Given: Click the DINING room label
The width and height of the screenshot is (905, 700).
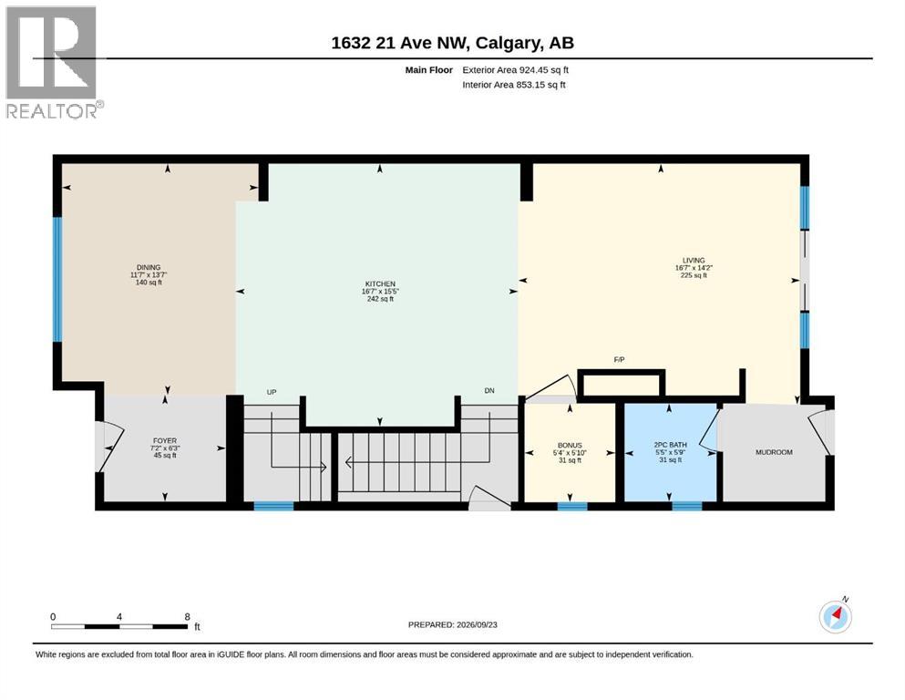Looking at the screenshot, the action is click(149, 267).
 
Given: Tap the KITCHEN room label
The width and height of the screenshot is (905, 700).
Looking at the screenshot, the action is click(380, 284).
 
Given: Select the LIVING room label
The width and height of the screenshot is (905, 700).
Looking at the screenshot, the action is click(694, 261).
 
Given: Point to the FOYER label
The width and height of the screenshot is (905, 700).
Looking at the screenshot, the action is click(165, 440).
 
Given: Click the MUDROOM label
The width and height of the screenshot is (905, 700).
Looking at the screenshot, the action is click(774, 452).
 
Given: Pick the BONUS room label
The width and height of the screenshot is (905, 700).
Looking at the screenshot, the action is click(570, 446).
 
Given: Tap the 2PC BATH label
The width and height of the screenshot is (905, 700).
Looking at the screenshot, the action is click(670, 445).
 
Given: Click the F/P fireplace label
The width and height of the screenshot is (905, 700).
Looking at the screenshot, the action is click(619, 359).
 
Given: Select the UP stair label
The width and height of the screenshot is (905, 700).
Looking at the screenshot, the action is click(272, 392).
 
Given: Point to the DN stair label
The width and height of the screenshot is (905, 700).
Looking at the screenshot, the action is click(489, 391).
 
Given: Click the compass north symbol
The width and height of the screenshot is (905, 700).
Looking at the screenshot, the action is click(835, 616).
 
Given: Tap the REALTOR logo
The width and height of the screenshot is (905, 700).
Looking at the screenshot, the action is click(52, 62).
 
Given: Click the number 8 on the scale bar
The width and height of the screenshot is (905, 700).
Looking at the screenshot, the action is click(187, 617).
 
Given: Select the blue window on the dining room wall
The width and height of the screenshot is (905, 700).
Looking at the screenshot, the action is click(57, 279).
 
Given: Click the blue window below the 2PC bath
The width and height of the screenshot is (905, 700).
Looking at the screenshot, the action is click(687, 506).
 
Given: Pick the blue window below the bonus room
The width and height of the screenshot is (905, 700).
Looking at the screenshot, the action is click(572, 506).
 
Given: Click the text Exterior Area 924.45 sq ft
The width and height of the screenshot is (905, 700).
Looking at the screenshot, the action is click(516, 70).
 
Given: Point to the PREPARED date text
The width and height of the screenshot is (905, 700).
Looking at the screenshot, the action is click(452, 624).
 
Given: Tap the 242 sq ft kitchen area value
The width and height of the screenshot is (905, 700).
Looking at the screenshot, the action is click(380, 299).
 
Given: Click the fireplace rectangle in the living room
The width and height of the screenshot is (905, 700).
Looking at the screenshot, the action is click(622, 384).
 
